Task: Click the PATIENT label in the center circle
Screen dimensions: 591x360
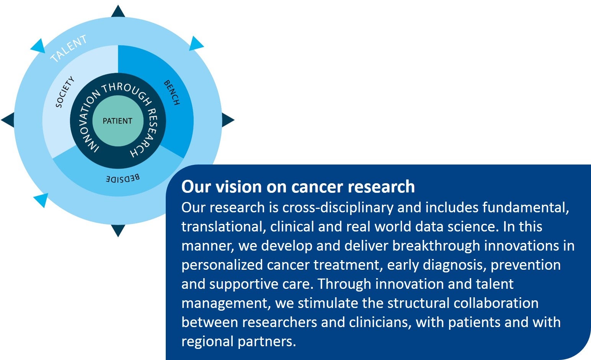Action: [x=118, y=121]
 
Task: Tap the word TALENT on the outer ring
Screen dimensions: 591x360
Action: [x=69, y=49]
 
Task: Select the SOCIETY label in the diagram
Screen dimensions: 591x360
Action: [x=65, y=92]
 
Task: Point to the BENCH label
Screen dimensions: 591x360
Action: [x=172, y=93]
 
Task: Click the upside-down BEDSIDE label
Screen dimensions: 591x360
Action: [x=123, y=179]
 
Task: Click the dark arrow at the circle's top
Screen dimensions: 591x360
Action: [x=118, y=11]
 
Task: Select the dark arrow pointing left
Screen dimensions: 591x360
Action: [x=8, y=120]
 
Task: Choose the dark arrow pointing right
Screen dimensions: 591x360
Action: [x=228, y=120]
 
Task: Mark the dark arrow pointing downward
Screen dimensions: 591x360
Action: [x=118, y=231]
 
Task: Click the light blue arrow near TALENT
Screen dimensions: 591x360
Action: [x=39, y=46]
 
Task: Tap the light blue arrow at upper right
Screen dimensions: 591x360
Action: [x=196, y=44]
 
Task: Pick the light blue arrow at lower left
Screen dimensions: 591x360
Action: [x=41, y=200]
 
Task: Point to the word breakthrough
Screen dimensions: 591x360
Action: [x=436, y=246]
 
